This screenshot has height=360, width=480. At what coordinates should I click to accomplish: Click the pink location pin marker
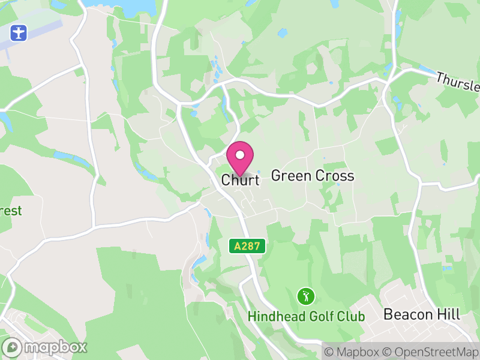tap(240, 158)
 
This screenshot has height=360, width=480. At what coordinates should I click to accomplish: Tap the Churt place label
tap(240, 180)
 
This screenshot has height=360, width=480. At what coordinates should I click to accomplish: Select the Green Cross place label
tap(313, 176)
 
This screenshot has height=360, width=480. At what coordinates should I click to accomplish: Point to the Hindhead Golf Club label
tap(307, 316)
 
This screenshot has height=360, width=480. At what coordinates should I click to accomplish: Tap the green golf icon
tap(306, 296)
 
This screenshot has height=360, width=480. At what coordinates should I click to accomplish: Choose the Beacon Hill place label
tap(422, 314)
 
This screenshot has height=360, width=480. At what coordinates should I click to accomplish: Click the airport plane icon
tap(19, 32)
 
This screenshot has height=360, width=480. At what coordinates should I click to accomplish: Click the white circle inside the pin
tap(240, 155)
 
